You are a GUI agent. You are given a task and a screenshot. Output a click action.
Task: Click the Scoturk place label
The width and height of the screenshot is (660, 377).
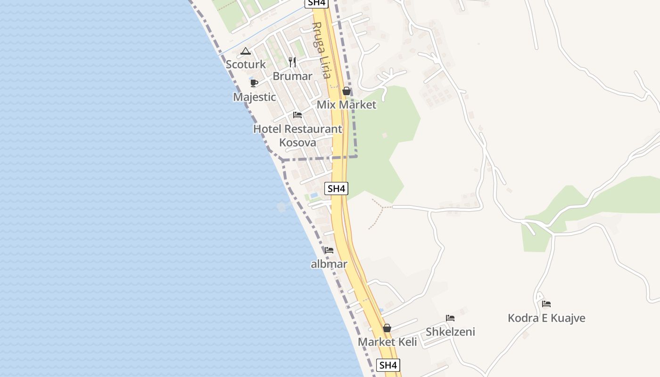tap(246, 65)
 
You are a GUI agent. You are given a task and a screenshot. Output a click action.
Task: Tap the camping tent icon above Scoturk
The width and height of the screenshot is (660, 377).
tap(245, 51)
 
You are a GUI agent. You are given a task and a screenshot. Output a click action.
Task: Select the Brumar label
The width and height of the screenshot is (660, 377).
tap(292, 76)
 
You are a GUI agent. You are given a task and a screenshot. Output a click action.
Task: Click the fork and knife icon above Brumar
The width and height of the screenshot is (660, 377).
tap(292, 62)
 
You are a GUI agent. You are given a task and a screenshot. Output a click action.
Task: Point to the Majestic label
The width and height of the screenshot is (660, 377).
tap(255, 97)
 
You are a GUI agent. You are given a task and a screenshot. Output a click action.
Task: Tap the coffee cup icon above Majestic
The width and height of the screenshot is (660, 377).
tap(254, 83)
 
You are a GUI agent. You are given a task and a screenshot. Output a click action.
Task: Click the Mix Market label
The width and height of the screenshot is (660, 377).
tap(346, 105)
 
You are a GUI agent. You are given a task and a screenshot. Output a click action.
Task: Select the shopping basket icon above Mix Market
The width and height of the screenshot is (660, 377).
tap(346, 91)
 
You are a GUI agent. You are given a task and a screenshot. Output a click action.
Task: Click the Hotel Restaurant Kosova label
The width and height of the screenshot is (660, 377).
tap(297, 135)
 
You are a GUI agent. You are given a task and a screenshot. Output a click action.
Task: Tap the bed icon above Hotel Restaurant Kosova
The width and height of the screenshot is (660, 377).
tap(297, 115)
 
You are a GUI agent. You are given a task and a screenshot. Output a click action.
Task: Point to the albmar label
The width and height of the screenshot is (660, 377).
tap(329, 264)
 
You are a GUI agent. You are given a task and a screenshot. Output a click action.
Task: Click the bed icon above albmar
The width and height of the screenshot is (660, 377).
tap(329, 250)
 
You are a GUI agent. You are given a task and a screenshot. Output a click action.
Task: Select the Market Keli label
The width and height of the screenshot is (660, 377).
tap(388, 342)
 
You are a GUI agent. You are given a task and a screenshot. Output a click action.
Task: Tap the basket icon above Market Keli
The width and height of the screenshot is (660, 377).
tap(387, 328)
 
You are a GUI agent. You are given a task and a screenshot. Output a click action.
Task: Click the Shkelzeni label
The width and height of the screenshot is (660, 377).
tap(450, 332)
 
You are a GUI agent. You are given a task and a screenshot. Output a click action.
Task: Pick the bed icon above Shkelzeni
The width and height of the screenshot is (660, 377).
tap(450, 318)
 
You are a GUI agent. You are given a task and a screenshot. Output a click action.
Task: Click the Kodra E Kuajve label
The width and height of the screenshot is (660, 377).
tap(546, 318)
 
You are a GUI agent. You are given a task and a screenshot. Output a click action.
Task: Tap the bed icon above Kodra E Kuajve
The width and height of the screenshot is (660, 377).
tap(546, 304)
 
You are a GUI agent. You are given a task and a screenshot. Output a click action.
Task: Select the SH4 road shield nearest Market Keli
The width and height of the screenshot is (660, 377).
tap(388, 365)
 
